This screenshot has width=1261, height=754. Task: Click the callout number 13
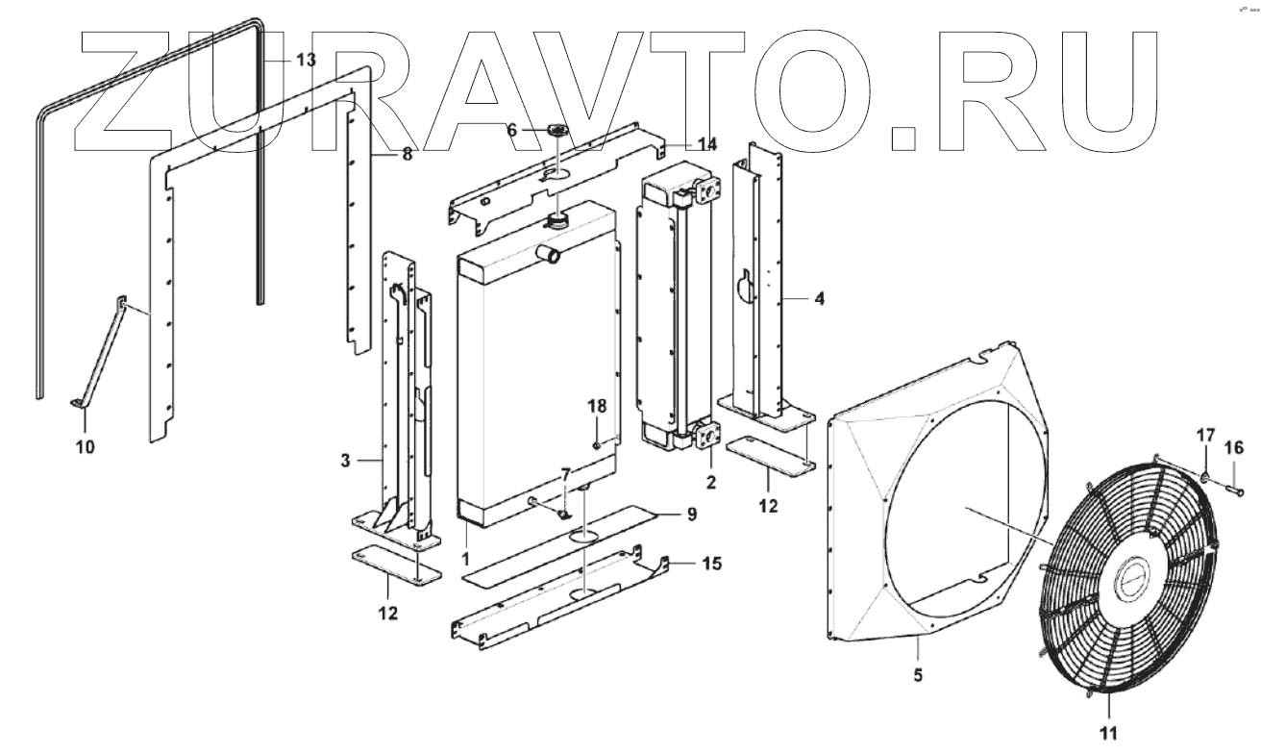[x=305, y=60]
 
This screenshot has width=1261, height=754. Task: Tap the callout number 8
[x=407, y=154]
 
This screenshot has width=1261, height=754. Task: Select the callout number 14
[x=707, y=144]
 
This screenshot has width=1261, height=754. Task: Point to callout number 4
[x=818, y=299]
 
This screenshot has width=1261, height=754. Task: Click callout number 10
[x=85, y=446]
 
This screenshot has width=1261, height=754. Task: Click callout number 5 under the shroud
[x=918, y=675]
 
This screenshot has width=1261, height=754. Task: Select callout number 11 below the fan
[x=1108, y=734]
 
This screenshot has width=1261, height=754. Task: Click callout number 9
[x=691, y=515]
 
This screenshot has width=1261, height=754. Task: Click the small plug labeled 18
[x=596, y=444]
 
